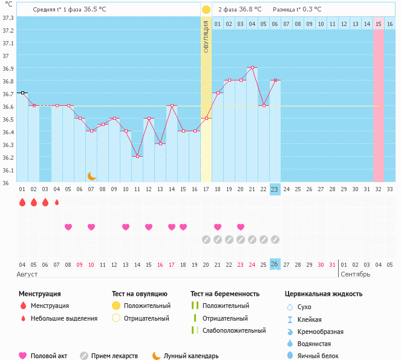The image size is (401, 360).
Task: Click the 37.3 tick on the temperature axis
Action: pos(8,17)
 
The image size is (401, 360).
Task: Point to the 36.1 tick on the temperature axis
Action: pos(8,170)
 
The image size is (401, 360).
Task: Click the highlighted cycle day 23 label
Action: pos(275,189)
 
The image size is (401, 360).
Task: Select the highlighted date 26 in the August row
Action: pos(275,264)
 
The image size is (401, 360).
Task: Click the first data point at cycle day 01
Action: pos(22,93)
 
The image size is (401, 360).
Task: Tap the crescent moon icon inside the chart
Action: pos(92,175)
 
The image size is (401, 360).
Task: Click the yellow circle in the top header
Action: pos(206,10)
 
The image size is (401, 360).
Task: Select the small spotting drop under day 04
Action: pos(57,203)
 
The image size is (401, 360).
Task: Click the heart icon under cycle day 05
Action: pos(68,227)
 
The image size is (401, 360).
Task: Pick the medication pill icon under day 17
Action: pos(206,239)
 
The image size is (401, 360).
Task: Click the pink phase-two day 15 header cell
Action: pos(379,24)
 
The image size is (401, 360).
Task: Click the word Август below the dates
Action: pos(28,274)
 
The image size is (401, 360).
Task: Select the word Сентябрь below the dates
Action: pos(356,274)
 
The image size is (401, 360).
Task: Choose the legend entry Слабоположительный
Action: pos(234,330)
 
